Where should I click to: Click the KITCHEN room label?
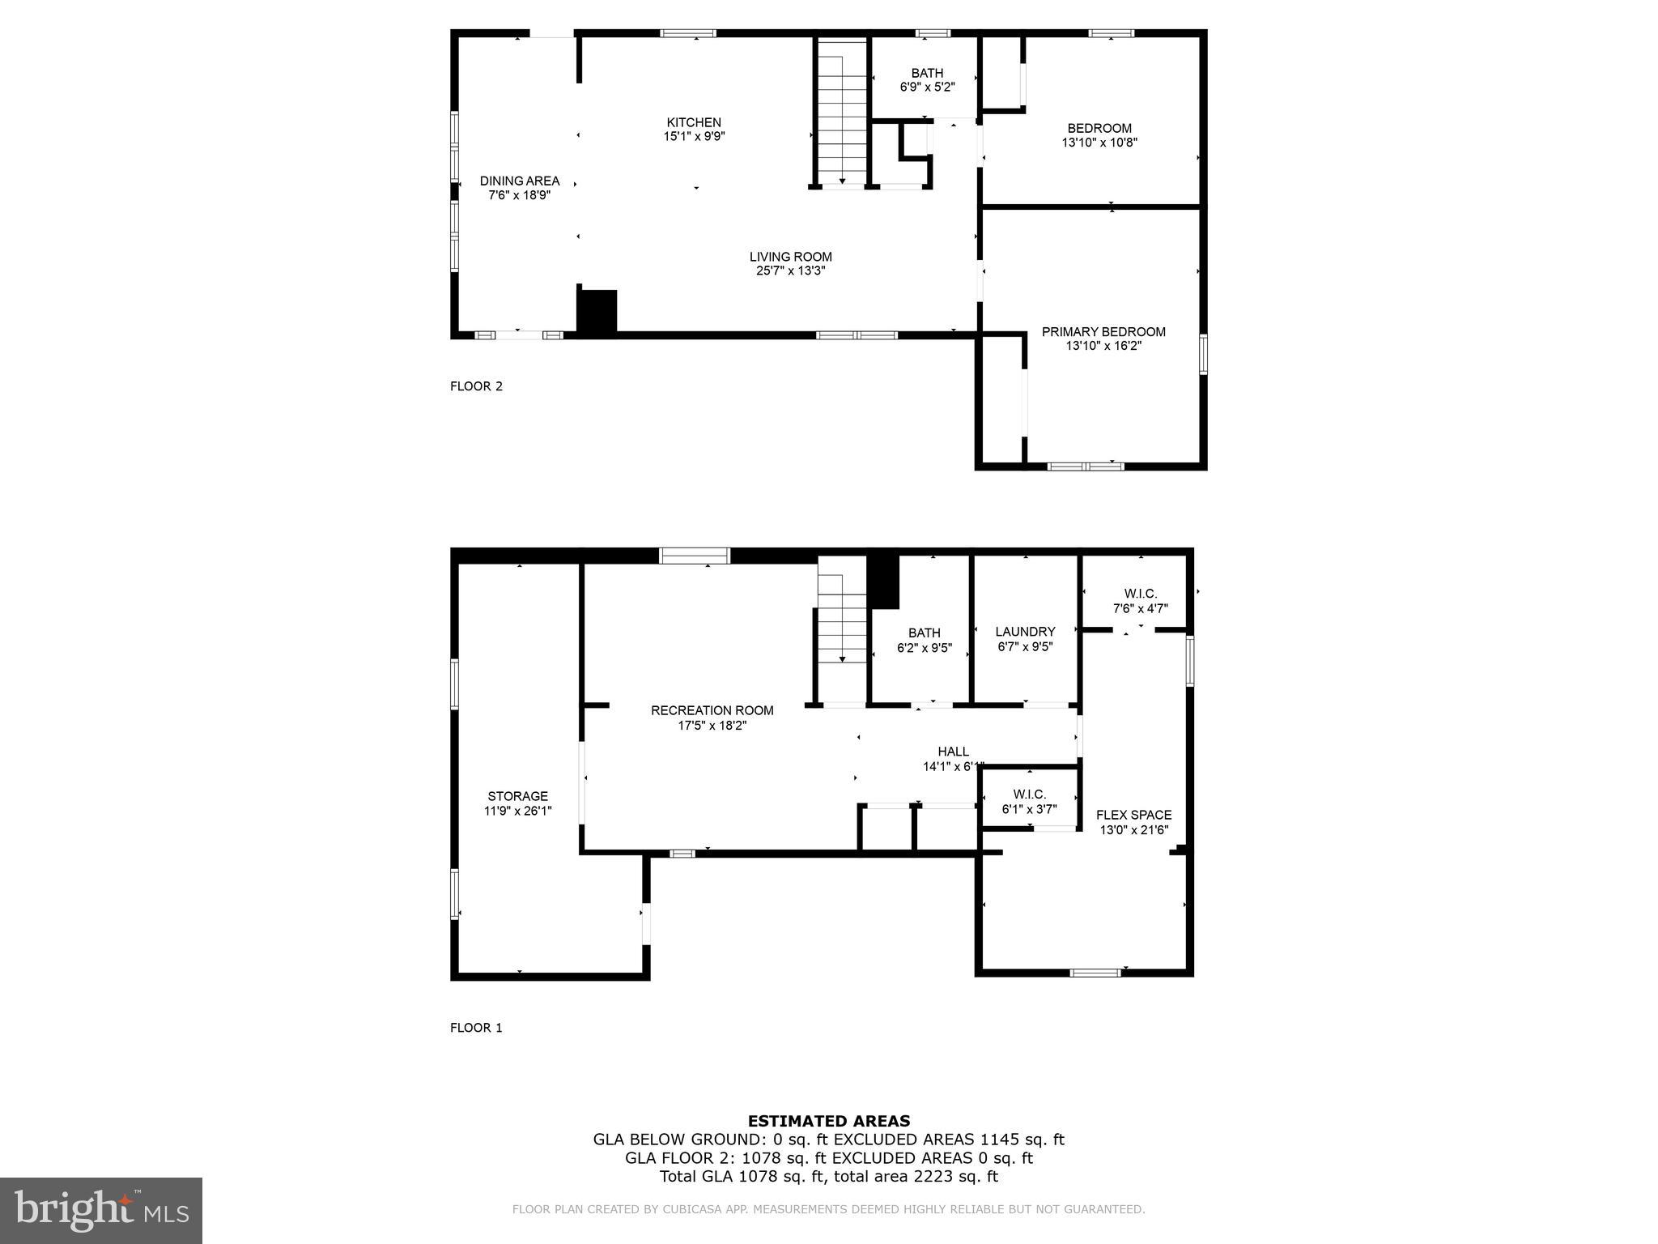click(x=694, y=123)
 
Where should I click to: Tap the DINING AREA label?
click(x=519, y=181)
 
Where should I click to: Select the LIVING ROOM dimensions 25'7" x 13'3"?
click(x=790, y=271)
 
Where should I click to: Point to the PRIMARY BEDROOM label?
click(x=1103, y=332)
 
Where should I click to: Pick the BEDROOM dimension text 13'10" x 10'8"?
click(x=1099, y=143)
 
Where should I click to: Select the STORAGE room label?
click(x=517, y=796)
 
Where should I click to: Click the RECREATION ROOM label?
click(x=712, y=711)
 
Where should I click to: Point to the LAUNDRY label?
click(x=1025, y=632)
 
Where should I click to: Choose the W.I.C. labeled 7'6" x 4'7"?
click(x=1140, y=601)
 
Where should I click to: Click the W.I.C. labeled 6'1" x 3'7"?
click(x=1029, y=801)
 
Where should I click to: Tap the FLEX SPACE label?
click(x=1133, y=816)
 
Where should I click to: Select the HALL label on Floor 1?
click(x=953, y=752)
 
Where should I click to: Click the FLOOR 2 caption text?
click(x=476, y=386)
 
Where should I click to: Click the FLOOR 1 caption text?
click(x=476, y=1028)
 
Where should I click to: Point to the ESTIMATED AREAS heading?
click(x=828, y=1121)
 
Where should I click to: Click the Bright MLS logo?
click(x=101, y=1210)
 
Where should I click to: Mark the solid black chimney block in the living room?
click(x=597, y=311)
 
